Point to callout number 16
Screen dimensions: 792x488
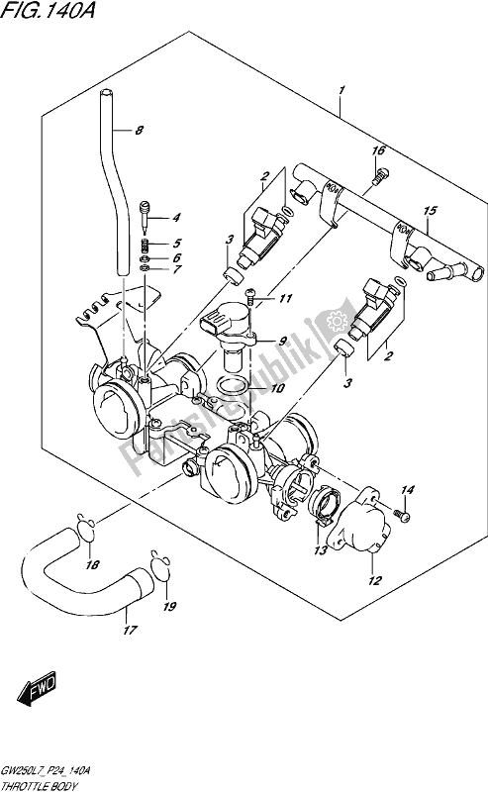pos(378,150)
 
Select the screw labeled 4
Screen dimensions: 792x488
pos(147,212)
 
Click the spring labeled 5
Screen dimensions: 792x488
pos(147,244)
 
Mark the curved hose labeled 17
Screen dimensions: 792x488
pos(69,574)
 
